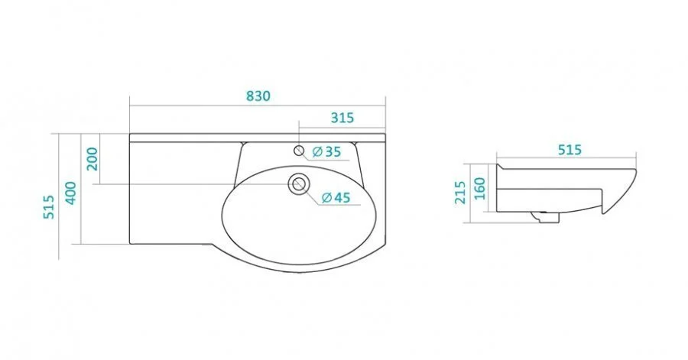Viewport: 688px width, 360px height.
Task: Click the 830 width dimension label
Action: pyautogui.click(x=258, y=96)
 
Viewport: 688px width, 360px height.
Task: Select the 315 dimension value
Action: pyautogui.click(x=342, y=118)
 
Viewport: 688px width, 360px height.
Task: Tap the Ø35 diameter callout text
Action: pyautogui.click(x=326, y=151)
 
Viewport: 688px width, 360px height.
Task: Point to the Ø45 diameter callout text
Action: pyautogui.click(x=336, y=198)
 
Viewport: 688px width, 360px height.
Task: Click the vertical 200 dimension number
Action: pyautogui.click(x=92, y=159)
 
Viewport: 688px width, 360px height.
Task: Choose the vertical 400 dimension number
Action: pyautogui.click(x=70, y=193)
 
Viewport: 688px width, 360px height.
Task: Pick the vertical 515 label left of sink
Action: pyautogui.click(x=48, y=207)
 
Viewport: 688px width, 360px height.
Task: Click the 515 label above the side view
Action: pyautogui.click(x=570, y=150)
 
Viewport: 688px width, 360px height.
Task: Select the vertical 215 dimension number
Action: pyautogui.click(x=460, y=193)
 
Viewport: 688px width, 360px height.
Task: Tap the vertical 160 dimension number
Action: pyautogui.click(x=480, y=189)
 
